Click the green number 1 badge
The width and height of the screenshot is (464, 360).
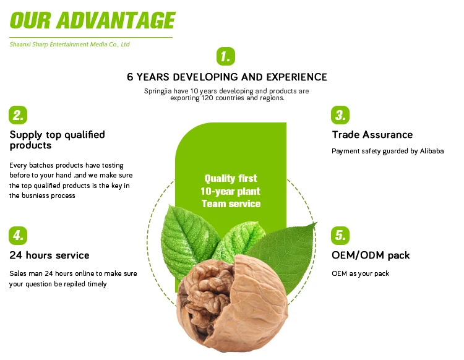tap(225, 56)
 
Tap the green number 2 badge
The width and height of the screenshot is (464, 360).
tap(18, 115)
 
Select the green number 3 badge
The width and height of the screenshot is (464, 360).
tap(340, 115)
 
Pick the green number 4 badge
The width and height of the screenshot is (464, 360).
tap(18, 236)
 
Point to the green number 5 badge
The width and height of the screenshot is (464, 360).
tap(340, 236)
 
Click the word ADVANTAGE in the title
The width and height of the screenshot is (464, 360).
tap(116, 20)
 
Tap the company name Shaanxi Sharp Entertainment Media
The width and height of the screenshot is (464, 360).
tap(58, 45)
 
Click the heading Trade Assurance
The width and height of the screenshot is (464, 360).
tap(372, 135)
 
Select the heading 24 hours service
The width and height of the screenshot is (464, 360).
tap(49, 255)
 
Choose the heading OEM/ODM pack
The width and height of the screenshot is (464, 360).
tap(371, 255)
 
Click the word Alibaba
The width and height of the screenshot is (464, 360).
tap(432, 151)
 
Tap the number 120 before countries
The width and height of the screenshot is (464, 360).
tap(207, 98)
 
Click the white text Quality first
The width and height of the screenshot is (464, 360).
tap(231, 178)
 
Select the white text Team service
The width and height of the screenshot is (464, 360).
tap(231, 204)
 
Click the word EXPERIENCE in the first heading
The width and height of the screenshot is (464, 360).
tap(297, 77)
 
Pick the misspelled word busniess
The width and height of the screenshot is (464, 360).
tap(35, 195)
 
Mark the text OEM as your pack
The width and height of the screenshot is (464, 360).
tap(360, 273)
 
